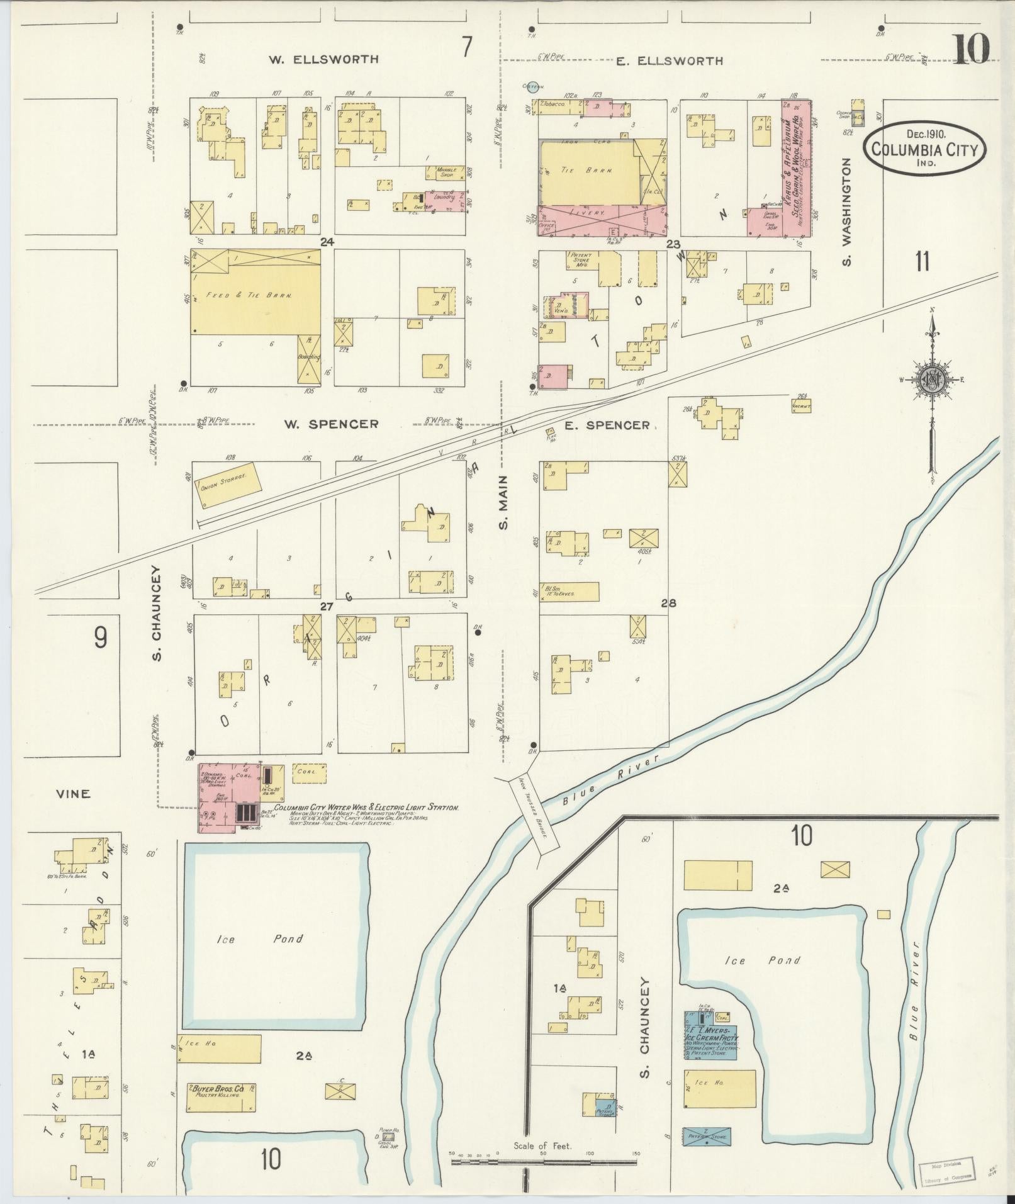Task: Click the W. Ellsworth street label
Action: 324,60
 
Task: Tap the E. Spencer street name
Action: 607,425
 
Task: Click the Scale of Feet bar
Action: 544,1161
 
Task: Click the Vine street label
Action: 72,794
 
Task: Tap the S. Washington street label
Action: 847,211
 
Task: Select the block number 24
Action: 326,242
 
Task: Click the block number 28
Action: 668,603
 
